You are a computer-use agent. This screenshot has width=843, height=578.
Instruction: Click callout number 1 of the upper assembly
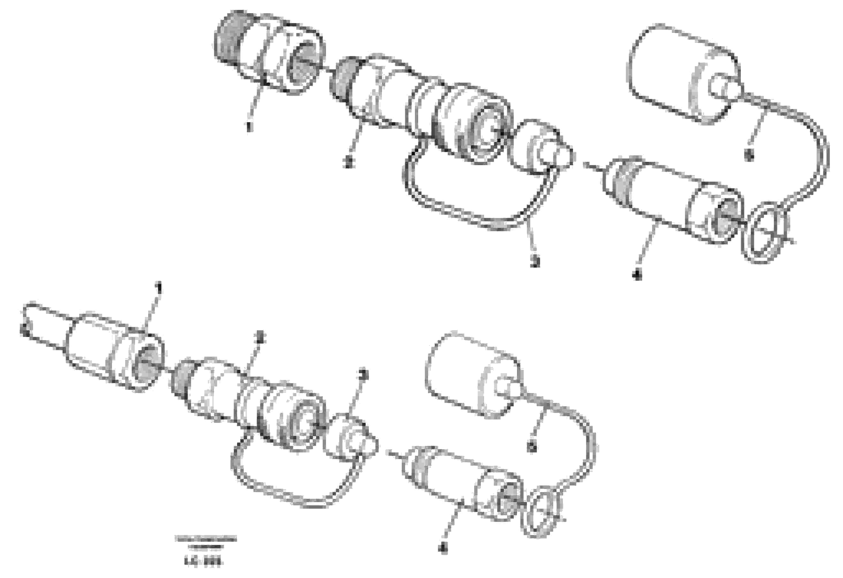pos(248,127)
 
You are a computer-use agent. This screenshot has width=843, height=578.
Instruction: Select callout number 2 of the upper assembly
pos(348,163)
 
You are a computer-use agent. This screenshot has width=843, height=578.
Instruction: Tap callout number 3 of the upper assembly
pos(535,261)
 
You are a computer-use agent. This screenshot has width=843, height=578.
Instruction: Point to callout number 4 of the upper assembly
pos(637,275)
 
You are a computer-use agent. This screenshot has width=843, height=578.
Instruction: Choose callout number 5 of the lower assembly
pos(532,448)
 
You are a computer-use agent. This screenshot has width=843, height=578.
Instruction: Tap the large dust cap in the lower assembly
pos(472,374)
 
